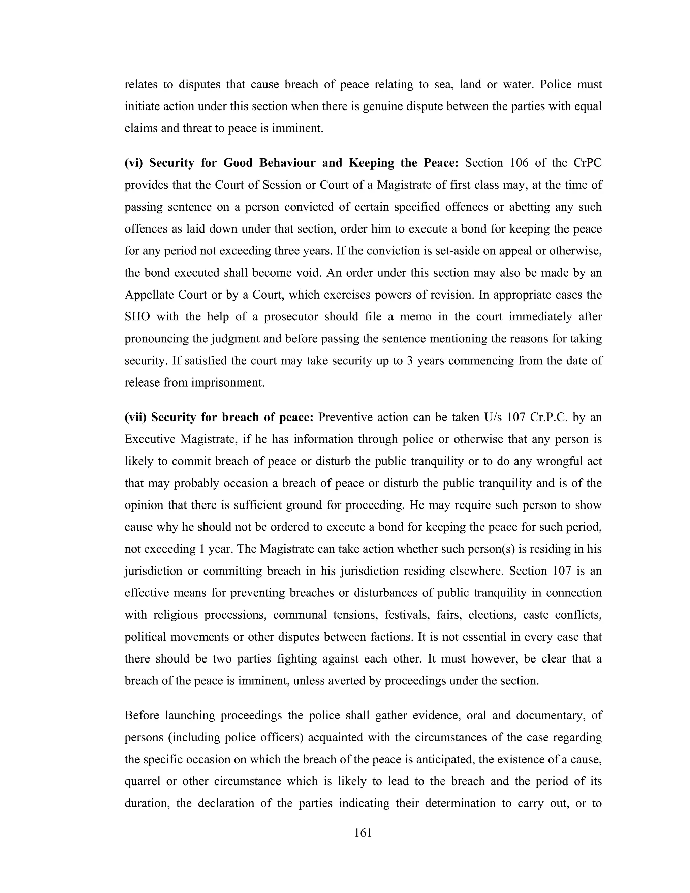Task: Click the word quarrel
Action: (x=142, y=781)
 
